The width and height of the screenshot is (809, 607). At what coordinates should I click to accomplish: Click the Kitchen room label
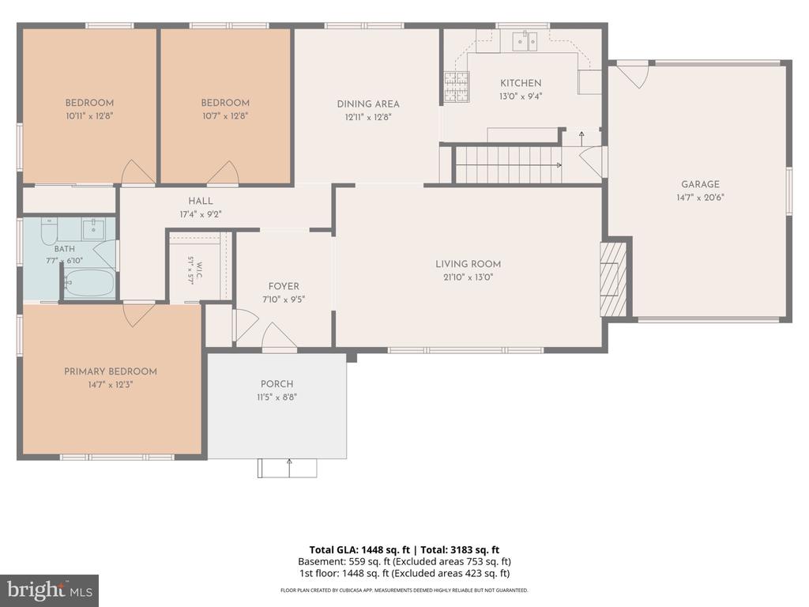pos(521,83)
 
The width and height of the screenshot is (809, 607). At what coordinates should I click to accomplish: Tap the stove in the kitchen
pos(457,86)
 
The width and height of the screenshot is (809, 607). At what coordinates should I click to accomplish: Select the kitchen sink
pos(525,41)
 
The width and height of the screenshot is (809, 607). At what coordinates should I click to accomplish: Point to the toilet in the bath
pos(49,232)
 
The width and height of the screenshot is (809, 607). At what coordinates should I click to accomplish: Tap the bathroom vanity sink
pos(93,229)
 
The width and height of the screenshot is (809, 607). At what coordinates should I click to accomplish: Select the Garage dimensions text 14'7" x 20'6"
pos(700,197)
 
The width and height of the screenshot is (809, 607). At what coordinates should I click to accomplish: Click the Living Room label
pos(468,264)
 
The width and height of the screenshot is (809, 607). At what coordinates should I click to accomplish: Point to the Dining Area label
pos(368,104)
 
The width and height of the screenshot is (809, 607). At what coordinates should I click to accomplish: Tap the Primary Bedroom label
pos(111,371)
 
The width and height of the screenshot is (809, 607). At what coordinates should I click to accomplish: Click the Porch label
pos(277,384)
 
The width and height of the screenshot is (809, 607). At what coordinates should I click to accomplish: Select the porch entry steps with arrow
pos(288,468)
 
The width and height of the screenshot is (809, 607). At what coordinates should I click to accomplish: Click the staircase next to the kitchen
pos(508,164)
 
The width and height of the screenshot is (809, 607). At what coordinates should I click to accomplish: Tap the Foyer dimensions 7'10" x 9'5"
pos(284,300)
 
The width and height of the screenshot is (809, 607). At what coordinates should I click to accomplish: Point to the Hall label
pos(200,202)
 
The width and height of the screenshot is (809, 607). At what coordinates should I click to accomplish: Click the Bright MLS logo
pos(50,590)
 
